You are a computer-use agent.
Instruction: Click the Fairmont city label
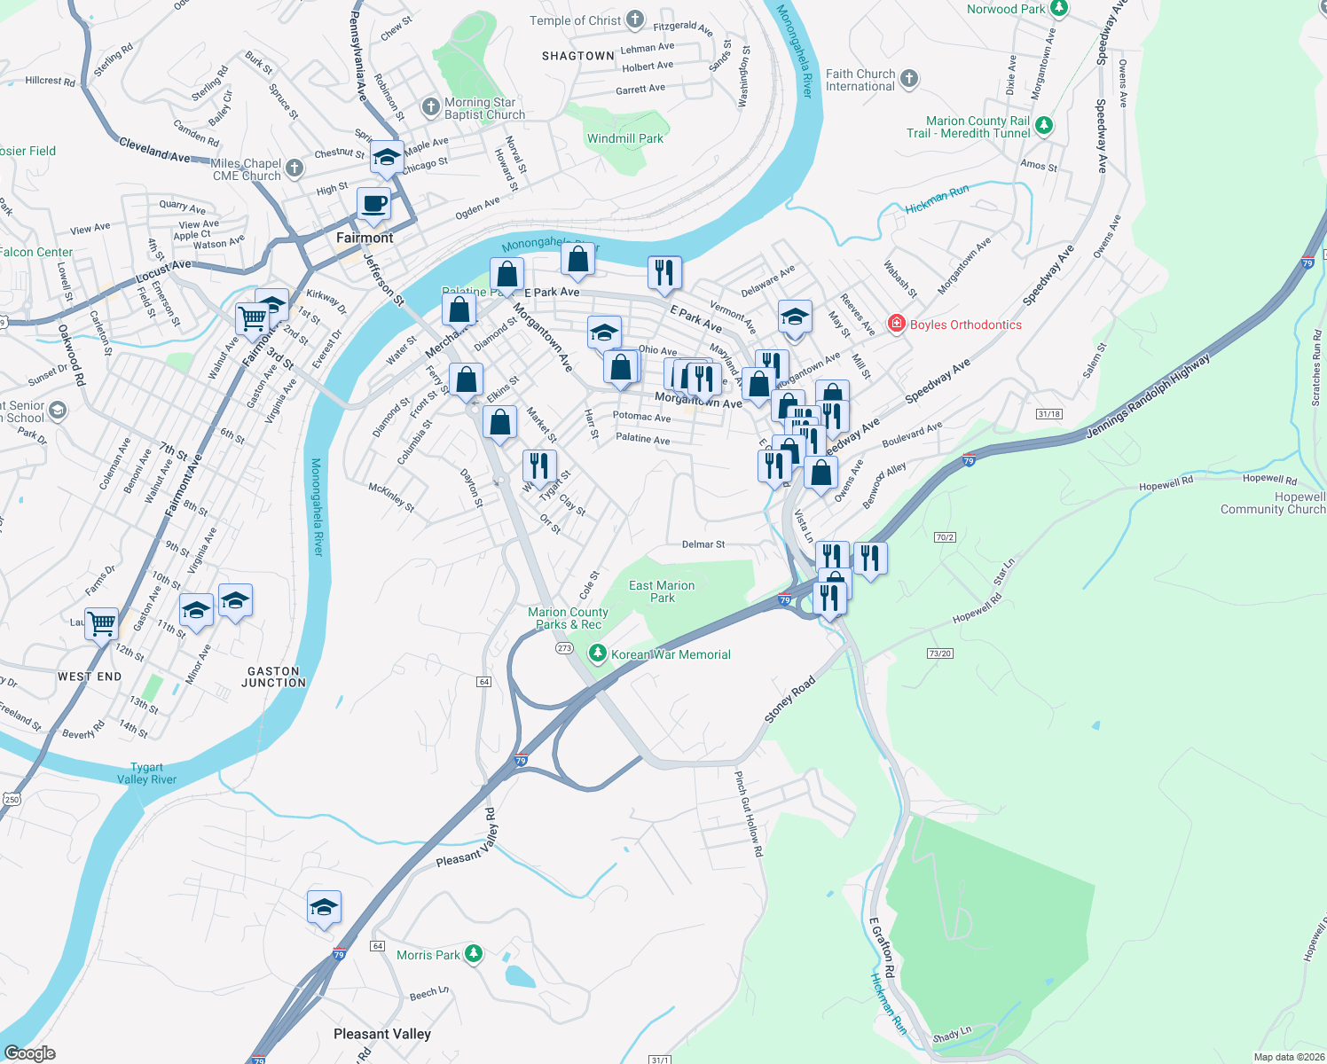click(x=365, y=238)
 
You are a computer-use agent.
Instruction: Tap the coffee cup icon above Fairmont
click(x=374, y=203)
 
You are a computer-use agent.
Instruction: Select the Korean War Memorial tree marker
click(x=598, y=654)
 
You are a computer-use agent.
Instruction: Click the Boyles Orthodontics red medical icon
click(x=897, y=324)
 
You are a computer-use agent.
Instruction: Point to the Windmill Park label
click(x=625, y=138)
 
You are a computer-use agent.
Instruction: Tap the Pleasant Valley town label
click(x=382, y=1034)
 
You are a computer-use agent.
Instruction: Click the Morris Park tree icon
click(x=475, y=954)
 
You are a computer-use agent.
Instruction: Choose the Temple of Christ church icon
click(x=635, y=20)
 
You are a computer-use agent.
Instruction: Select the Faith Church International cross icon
click(x=908, y=79)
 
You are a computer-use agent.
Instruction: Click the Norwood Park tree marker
click(x=1058, y=9)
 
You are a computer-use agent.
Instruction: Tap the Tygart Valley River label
click(x=147, y=773)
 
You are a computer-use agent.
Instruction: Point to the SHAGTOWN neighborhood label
click(x=578, y=56)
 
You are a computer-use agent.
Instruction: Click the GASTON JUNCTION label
click(x=273, y=677)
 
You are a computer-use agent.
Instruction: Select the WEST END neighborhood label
click(x=90, y=677)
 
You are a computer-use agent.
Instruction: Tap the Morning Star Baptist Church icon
click(x=430, y=108)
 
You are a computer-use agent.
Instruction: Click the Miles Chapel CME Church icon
click(x=296, y=167)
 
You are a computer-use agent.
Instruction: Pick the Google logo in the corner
click(x=30, y=1052)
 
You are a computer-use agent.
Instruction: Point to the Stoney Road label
click(x=790, y=700)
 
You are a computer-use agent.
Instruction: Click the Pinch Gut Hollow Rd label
click(x=749, y=813)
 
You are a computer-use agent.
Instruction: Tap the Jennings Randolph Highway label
click(x=1148, y=398)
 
